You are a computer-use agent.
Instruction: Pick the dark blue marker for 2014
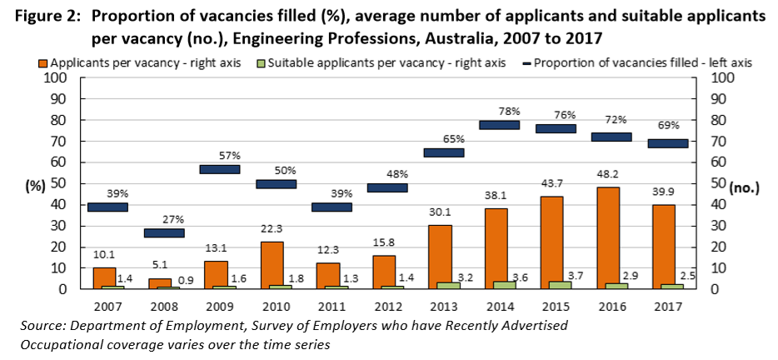(x=500, y=125)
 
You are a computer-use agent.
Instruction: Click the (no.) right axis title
(x=744, y=187)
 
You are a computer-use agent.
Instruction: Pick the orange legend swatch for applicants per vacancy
(x=44, y=62)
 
